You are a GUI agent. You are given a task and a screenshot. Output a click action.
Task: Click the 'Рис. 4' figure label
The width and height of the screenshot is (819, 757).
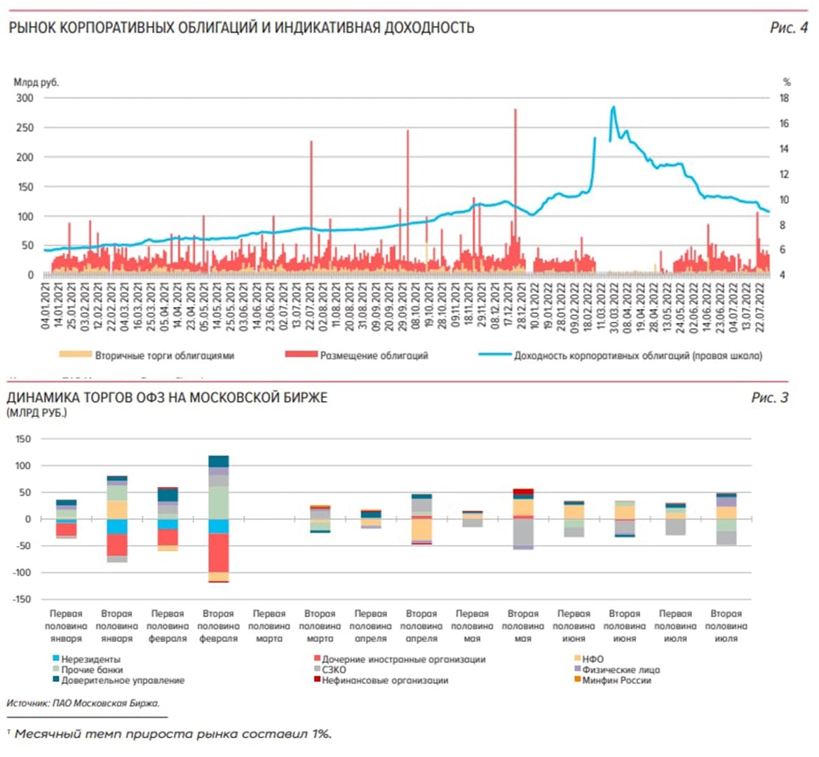tap(788, 28)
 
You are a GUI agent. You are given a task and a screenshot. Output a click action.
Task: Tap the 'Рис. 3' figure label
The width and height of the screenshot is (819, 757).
tap(769, 398)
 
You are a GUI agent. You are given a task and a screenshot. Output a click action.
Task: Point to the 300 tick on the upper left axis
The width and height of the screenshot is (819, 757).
tap(25, 98)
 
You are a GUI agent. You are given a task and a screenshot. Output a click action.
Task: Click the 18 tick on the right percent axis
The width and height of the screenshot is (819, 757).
tap(785, 98)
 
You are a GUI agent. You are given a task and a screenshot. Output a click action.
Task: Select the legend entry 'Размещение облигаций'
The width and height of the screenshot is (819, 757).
tap(374, 355)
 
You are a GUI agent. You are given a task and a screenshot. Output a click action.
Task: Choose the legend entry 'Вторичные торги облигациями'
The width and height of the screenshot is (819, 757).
tap(164, 355)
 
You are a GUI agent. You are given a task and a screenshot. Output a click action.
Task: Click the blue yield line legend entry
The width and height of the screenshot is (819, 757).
tap(637, 355)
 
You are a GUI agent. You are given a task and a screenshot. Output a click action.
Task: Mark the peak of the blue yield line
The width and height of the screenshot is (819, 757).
tap(614, 107)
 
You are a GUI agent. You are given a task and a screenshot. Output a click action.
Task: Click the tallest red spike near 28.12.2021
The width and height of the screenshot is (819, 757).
tap(515, 111)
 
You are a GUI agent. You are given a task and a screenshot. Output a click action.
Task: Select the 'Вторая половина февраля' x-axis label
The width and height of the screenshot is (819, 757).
tap(218, 626)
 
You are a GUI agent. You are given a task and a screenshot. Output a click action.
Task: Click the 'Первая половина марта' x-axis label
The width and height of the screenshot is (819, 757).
tap(269, 626)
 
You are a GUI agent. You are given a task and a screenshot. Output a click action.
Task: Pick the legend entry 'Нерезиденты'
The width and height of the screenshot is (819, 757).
tap(90, 660)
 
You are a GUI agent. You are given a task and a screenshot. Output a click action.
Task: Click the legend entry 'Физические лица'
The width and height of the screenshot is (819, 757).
tap(621, 669)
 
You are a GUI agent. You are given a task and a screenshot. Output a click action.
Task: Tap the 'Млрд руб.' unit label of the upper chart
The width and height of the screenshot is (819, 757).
tap(36, 83)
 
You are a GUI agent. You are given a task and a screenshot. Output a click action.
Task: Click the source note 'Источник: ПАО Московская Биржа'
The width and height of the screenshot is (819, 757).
tap(82, 702)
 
